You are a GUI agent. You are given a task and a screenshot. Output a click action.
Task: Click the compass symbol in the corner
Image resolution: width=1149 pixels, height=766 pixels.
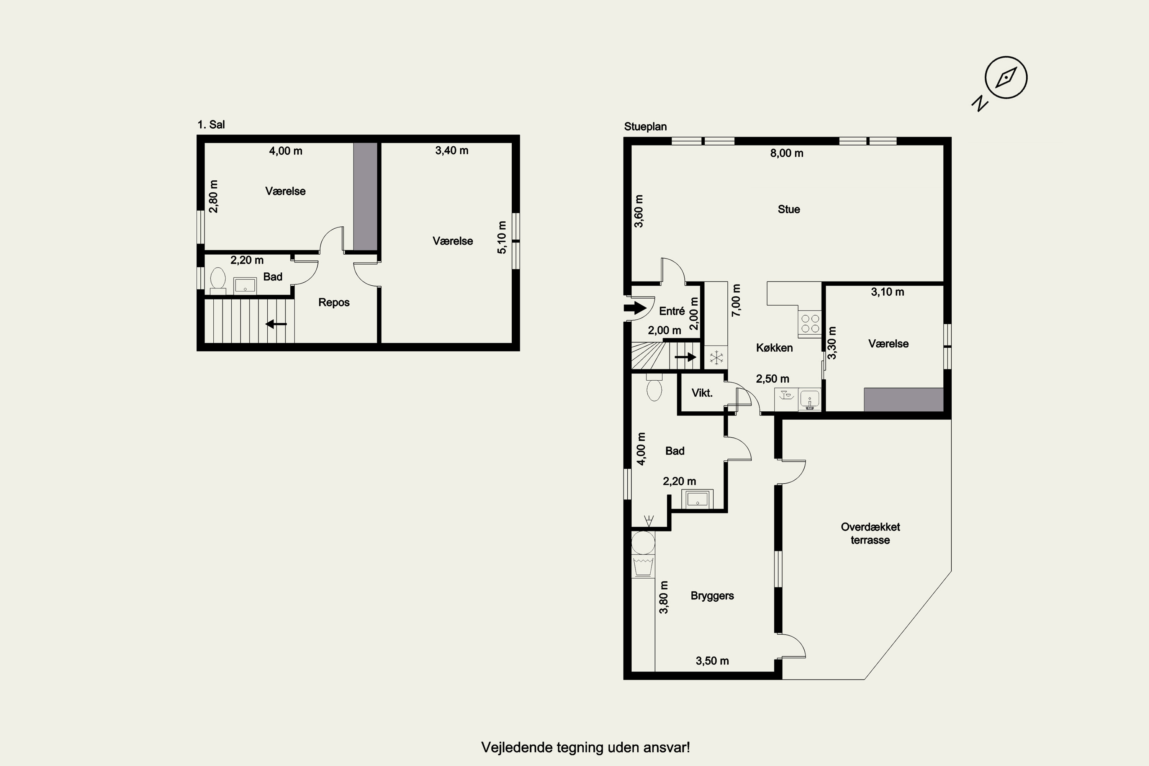coord(1006,78)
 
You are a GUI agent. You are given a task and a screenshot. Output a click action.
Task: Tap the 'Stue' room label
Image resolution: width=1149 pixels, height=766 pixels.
coord(789,209)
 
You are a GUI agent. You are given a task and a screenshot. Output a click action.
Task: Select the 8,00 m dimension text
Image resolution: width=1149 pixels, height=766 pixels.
coord(787,153)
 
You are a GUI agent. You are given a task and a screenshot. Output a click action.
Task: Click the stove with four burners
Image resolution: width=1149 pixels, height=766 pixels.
coord(810,323)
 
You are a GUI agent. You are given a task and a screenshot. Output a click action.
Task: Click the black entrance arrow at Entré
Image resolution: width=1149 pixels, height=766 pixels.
coord(635,308)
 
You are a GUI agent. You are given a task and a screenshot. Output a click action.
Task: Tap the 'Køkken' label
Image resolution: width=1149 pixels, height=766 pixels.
coord(774,348)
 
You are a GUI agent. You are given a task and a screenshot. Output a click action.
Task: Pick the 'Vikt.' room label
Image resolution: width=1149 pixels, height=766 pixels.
coord(702,393)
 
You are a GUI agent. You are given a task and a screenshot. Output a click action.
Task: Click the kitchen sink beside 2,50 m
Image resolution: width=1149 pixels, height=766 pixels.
coord(810,399)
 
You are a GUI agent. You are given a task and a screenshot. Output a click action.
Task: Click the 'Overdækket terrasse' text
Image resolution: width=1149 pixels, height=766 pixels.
coord(871,534)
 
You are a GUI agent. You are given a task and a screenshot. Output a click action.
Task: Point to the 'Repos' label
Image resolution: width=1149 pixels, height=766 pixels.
coord(334,303)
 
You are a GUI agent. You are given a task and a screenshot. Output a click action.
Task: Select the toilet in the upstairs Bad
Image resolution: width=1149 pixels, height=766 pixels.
coord(218,280)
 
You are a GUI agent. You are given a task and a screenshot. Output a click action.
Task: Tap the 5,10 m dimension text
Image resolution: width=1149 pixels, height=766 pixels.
coord(502,237)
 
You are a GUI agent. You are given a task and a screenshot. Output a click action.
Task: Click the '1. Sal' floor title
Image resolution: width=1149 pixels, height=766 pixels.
coord(211,124)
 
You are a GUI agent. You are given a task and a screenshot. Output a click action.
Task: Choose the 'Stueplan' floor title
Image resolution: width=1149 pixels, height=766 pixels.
coord(645,126)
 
